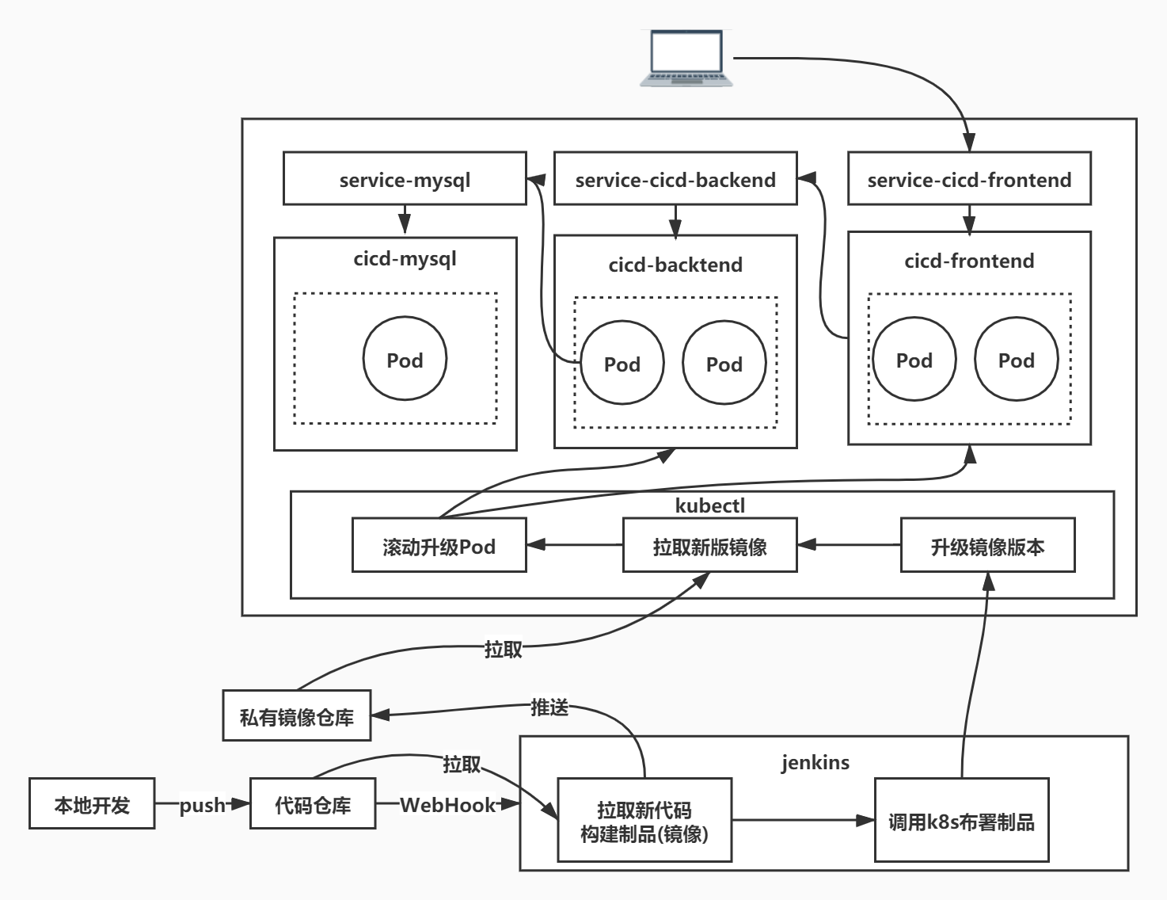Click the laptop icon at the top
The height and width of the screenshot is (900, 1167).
click(686, 58)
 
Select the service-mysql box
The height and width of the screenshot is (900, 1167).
click(405, 179)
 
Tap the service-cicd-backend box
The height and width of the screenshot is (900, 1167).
click(675, 179)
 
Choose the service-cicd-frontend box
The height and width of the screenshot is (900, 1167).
click(969, 179)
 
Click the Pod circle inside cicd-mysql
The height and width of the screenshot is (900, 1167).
click(405, 359)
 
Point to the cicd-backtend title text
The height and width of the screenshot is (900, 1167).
click(675, 265)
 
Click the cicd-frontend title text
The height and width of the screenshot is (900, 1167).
click(969, 261)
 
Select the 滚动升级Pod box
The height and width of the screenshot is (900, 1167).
click(439, 546)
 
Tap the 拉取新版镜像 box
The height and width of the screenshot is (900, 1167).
click(709, 546)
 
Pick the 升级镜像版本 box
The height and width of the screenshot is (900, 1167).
click(987, 546)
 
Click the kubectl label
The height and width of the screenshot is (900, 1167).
click(709, 505)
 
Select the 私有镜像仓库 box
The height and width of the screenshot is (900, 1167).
click(297, 716)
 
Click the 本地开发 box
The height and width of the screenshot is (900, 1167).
click(92, 805)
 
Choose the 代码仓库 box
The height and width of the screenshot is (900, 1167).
click(313, 805)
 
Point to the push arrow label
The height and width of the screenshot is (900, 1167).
click(203, 805)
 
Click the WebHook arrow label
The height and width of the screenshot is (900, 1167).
click(447, 805)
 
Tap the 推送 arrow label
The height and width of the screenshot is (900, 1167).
click(549, 707)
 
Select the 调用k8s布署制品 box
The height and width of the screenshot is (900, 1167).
click(961, 821)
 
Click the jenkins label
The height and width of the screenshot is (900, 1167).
click(815, 762)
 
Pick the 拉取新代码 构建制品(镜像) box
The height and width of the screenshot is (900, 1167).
click(644, 821)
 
